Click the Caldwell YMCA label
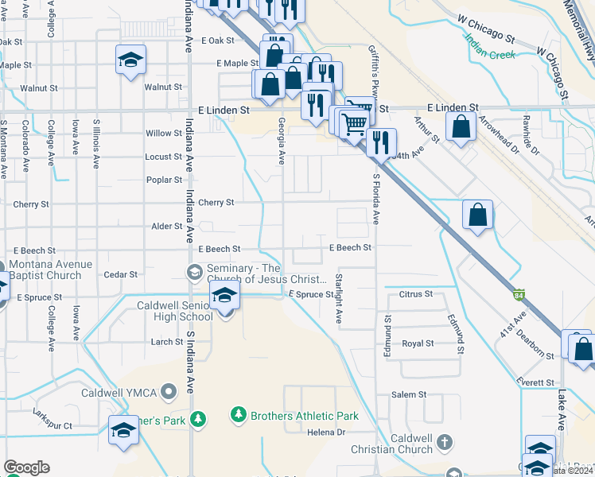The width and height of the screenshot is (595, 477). (119, 392)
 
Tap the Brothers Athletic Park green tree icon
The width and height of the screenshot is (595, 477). (237, 415)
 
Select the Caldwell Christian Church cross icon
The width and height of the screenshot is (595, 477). (445, 441)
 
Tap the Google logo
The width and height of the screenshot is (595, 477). (26, 467)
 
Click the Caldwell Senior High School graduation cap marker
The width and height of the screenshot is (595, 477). (225, 298)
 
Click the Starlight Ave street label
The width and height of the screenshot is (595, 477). (339, 298)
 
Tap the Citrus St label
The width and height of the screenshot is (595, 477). (417, 294)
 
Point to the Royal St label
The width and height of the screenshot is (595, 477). (418, 343)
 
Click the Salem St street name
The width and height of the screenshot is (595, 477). (409, 394)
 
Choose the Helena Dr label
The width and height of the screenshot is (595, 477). (328, 432)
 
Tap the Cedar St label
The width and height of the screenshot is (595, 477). (121, 274)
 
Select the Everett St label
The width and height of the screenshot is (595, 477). (538, 382)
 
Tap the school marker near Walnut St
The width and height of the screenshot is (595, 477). (130, 60)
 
